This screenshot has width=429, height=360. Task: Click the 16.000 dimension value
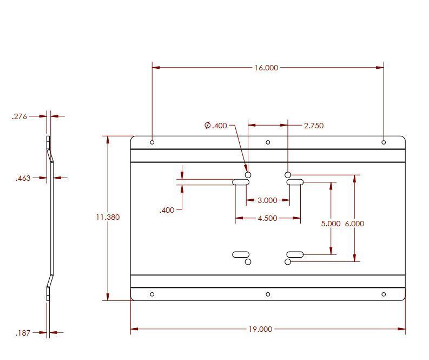pyautogui.click(x=266, y=68)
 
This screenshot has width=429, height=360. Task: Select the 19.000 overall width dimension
pyautogui.click(x=260, y=329)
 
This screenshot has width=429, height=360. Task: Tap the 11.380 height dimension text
pyautogui.click(x=108, y=217)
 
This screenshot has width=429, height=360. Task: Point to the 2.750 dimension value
pyautogui.click(x=314, y=126)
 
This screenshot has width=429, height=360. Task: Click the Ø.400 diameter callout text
pyautogui.click(x=216, y=126)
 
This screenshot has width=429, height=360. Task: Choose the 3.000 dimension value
pyautogui.click(x=267, y=200)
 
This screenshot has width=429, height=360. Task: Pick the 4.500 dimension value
pyautogui.click(x=267, y=218)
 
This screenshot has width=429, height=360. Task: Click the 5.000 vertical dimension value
pyautogui.click(x=331, y=224)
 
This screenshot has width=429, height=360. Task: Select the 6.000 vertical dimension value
pyautogui.click(x=354, y=224)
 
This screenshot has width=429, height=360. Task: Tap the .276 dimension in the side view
pyautogui.click(x=20, y=116)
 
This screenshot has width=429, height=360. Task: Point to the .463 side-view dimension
pyautogui.click(x=23, y=178)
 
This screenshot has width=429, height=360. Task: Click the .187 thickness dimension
pyautogui.click(x=23, y=333)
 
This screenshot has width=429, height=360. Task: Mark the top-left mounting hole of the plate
pyautogui.click(x=153, y=142)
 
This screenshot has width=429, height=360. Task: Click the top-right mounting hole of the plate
pyautogui.click(x=384, y=142)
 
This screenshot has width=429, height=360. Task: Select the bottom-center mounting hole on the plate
pyautogui.click(x=268, y=294)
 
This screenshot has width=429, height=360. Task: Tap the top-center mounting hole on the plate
pyautogui.click(x=268, y=142)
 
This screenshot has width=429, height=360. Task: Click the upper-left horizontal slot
pyautogui.click(x=241, y=182)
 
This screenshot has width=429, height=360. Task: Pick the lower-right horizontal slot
pyautogui.click(x=295, y=254)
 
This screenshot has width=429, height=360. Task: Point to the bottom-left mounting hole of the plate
pyautogui.click(x=153, y=294)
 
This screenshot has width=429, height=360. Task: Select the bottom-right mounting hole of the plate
pyautogui.click(x=384, y=294)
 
